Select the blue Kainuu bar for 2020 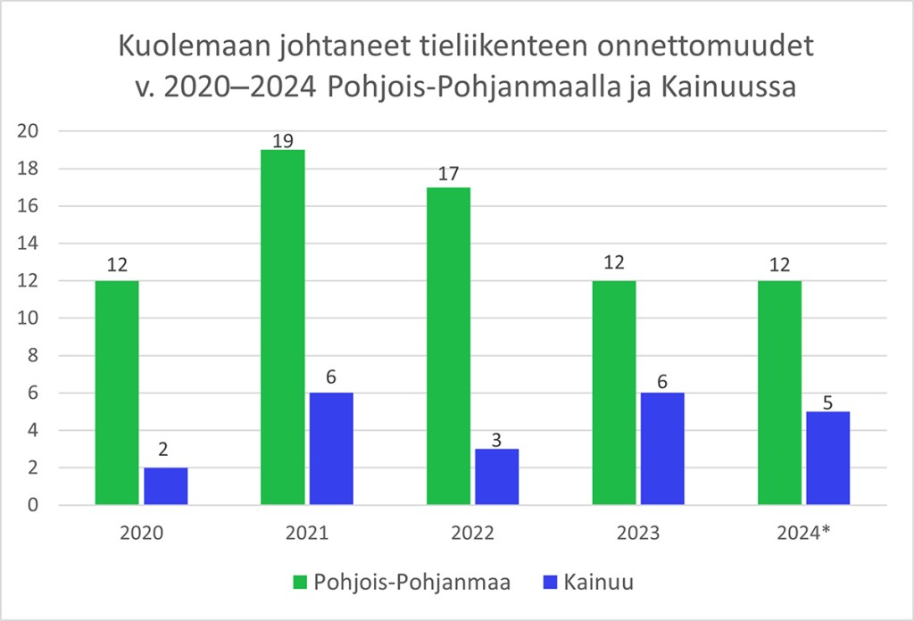[x=165, y=486]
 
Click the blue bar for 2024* [x=827, y=459]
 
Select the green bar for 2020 [x=117, y=393]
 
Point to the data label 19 [x=282, y=140]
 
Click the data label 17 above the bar [x=448, y=173]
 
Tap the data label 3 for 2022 [x=497, y=437]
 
